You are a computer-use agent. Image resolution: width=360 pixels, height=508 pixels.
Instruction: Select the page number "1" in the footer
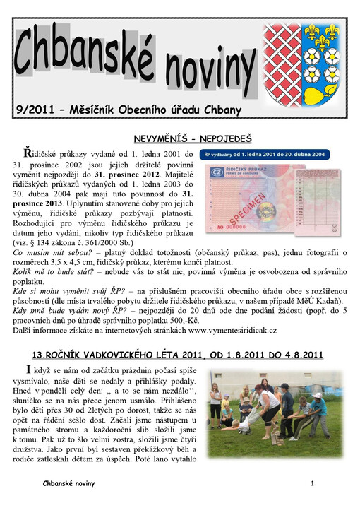[x=311, y=483]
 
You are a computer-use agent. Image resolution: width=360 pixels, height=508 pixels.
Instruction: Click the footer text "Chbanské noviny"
[x=68, y=483]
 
